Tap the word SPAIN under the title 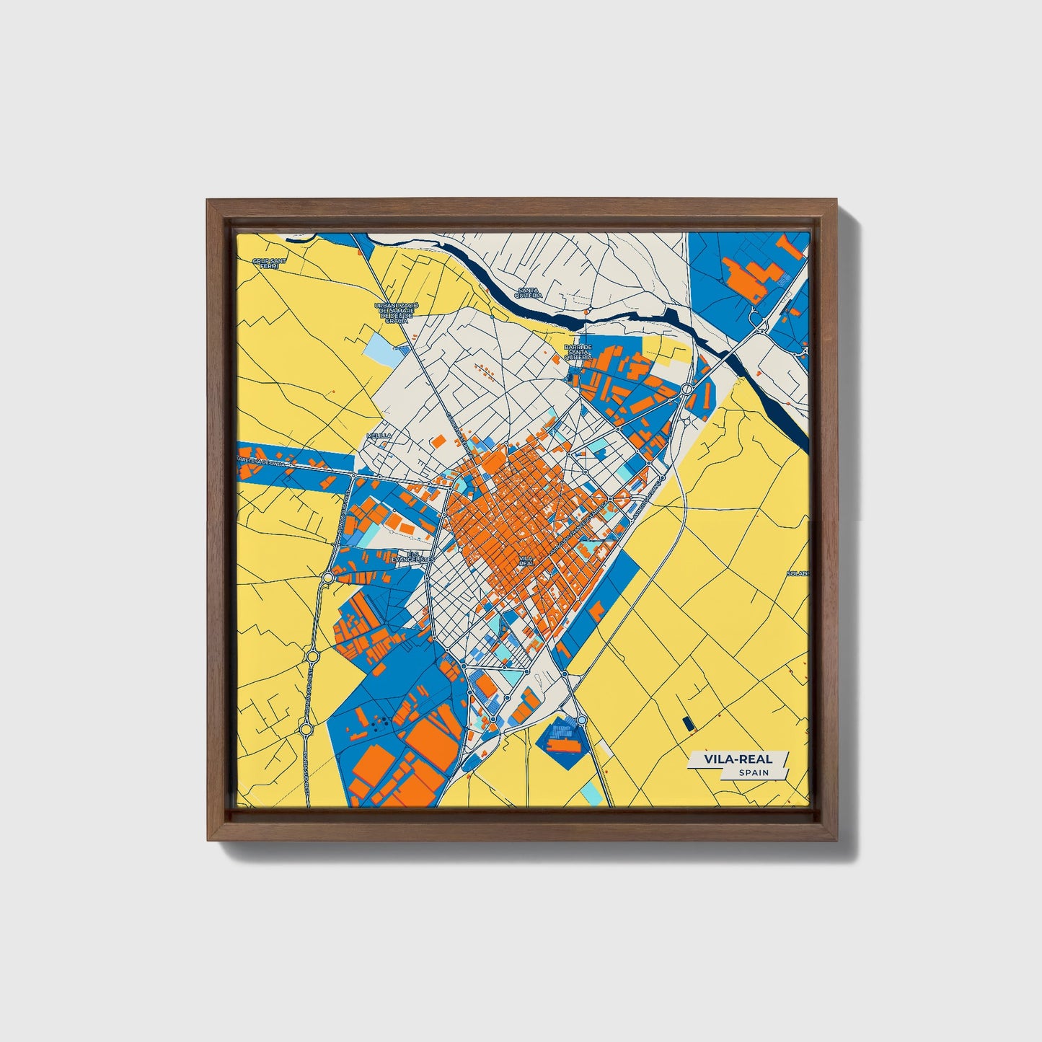click(x=753, y=772)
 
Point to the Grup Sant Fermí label click(x=265, y=262)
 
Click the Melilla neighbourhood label click(x=379, y=436)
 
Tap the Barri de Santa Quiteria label click(x=578, y=351)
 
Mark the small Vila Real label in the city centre click(x=526, y=560)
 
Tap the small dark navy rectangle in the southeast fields click(x=686, y=721)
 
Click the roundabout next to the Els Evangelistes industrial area click(x=329, y=577)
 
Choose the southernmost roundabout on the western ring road click(x=306, y=730)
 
